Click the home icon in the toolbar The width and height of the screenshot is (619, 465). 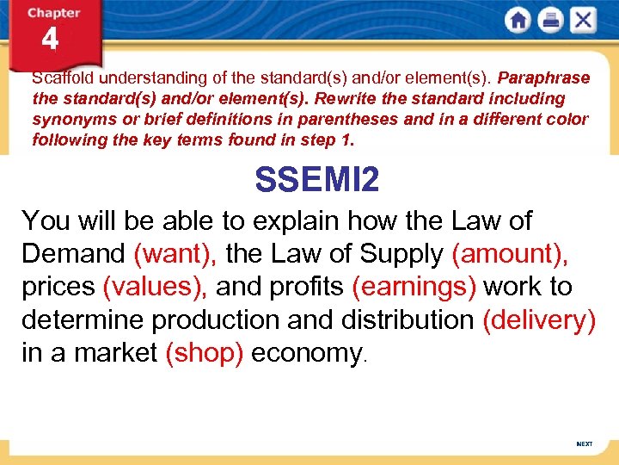[518, 21]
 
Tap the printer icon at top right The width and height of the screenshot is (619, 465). [551, 21]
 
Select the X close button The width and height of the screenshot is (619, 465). [583, 21]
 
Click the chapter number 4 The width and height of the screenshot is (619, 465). [50, 40]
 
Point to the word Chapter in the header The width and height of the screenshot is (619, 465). [53, 13]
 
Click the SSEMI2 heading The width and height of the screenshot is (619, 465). [317, 180]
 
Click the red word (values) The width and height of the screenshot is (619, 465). [154, 287]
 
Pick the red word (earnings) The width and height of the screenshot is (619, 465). [414, 287]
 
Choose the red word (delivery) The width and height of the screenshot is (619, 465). [539, 319]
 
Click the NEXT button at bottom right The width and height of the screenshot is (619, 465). [584, 443]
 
